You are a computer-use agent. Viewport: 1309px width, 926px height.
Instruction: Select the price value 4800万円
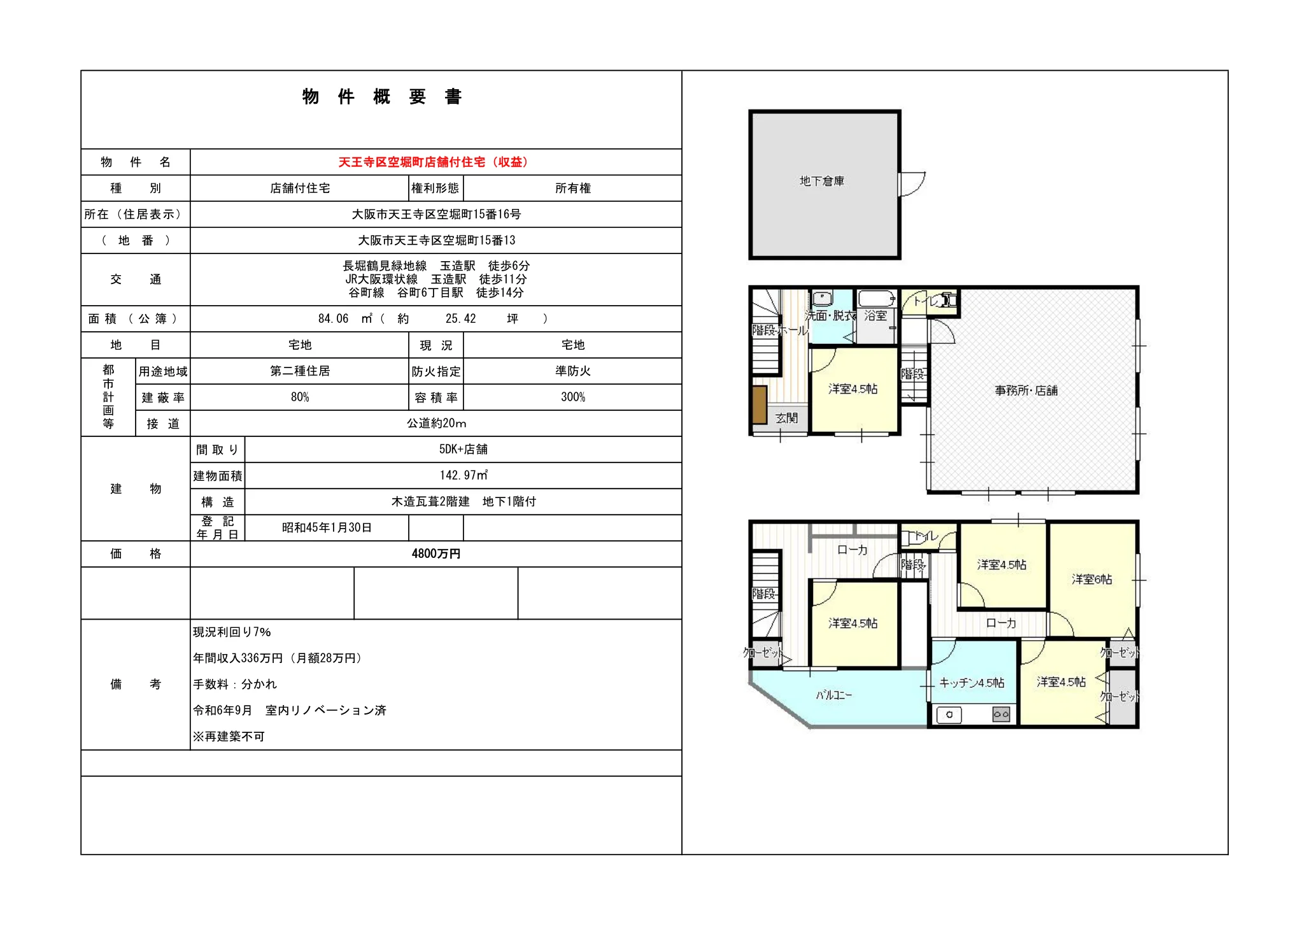[x=436, y=554]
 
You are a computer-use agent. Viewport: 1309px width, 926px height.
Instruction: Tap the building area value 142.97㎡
[x=463, y=475]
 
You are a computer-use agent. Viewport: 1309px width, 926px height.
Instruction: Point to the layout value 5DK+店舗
[x=463, y=449]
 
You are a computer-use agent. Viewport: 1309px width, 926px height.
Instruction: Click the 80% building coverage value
[x=300, y=397]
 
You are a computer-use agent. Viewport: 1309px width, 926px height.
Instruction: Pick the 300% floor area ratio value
[x=573, y=397]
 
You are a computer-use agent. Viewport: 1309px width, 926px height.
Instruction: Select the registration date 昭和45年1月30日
[x=327, y=528]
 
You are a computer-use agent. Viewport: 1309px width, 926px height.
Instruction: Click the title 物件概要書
[x=382, y=97]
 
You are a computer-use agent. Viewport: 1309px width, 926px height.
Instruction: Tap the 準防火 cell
[x=573, y=371]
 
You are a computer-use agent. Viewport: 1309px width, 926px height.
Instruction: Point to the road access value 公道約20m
[x=436, y=424]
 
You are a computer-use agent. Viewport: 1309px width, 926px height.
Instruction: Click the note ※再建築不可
[x=229, y=737]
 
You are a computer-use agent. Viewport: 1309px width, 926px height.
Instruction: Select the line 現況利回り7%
[x=232, y=632]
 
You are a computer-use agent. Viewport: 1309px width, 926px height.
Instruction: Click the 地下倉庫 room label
[x=822, y=182]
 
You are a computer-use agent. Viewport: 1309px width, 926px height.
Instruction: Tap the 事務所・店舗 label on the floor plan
[x=1026, y=390]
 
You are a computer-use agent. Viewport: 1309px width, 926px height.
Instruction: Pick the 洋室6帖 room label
[x=1092, y=580]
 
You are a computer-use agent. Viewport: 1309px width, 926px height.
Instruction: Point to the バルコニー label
[x=834, y=695]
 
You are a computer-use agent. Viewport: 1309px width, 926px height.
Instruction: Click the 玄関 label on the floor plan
[x=787, y=418]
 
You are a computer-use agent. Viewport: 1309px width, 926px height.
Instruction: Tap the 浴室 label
[x=875, y=315]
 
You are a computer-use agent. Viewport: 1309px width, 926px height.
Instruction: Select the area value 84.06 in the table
[x=334, y=319]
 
